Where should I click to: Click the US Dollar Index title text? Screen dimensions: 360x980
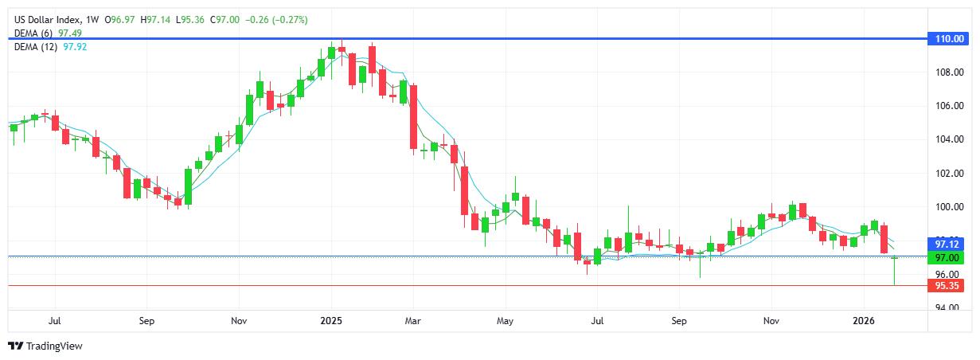point(43,19)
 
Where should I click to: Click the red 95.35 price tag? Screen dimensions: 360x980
point(946,285)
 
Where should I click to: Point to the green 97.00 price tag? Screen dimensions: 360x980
point(946,258)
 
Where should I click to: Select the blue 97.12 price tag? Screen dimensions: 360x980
point(946,243)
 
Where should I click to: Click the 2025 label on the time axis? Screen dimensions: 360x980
point(331,322)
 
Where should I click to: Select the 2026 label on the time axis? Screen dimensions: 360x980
point(864,322)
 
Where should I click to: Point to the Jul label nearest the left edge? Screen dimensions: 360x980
point(55,322)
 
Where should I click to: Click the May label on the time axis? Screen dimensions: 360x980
point(505,322)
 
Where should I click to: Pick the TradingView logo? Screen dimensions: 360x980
point(45,346)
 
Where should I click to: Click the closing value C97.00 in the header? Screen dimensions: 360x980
point(225,19)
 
